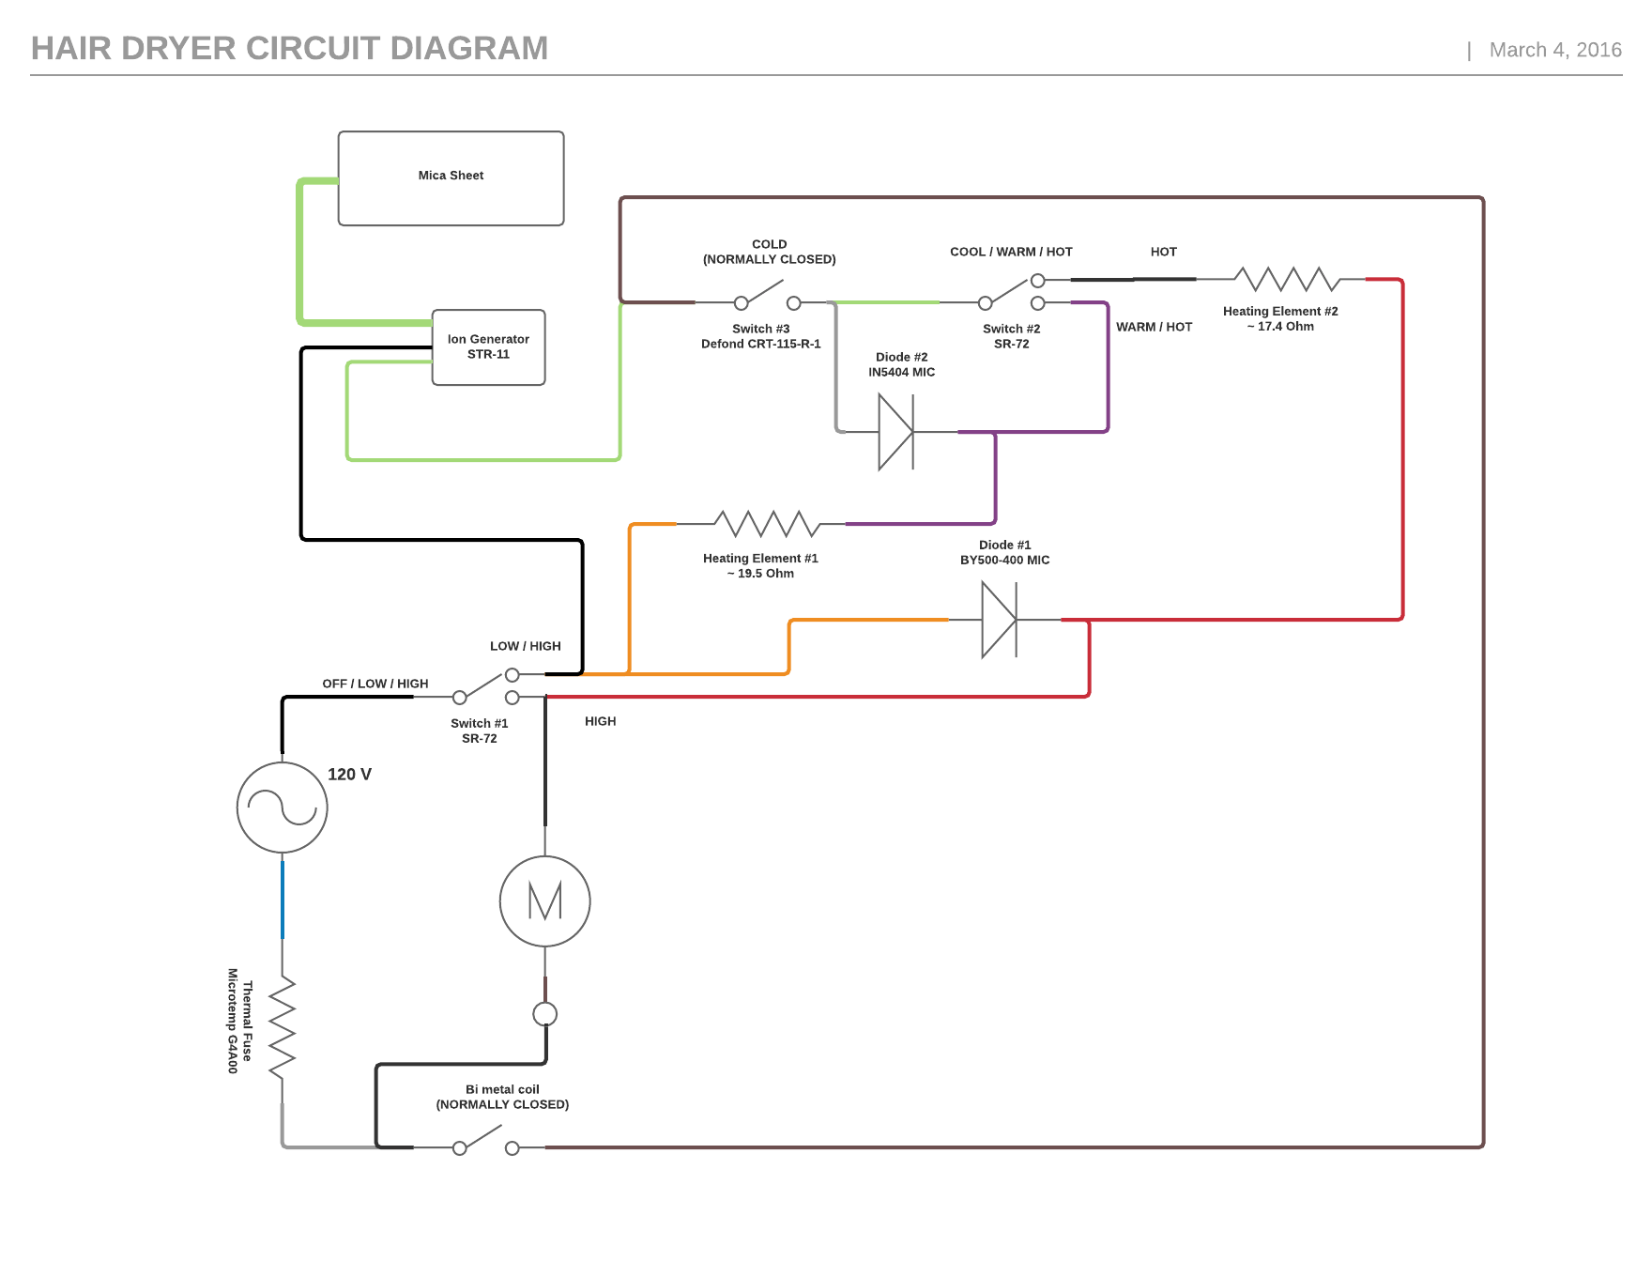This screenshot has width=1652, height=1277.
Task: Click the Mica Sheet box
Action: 451,178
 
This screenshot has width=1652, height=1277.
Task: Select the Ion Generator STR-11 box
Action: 488,347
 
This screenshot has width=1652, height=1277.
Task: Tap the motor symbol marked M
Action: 544,901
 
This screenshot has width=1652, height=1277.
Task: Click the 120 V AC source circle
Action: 282,808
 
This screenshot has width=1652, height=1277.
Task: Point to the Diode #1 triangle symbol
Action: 997,620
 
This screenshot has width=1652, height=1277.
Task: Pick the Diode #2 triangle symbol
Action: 895,432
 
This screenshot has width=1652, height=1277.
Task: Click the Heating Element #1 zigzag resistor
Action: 765,523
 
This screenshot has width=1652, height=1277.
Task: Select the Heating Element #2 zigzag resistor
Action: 1286,279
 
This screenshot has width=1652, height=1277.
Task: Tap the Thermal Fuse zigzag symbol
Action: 282,1028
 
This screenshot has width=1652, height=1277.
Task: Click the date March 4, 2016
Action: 1554,51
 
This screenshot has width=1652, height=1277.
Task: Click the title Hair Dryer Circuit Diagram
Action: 289,49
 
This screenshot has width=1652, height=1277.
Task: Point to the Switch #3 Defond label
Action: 761,336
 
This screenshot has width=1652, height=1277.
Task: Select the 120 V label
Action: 349,775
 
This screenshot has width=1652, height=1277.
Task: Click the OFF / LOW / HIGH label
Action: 375,684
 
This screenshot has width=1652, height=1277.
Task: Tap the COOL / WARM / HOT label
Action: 1010,252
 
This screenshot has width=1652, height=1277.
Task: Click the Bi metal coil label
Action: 502,1097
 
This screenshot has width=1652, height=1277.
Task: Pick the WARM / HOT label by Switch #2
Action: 1154,327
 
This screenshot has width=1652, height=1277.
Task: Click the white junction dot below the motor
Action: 544,1014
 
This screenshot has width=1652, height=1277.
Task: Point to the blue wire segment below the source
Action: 283,900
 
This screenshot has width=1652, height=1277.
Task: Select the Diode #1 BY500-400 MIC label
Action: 1004,552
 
